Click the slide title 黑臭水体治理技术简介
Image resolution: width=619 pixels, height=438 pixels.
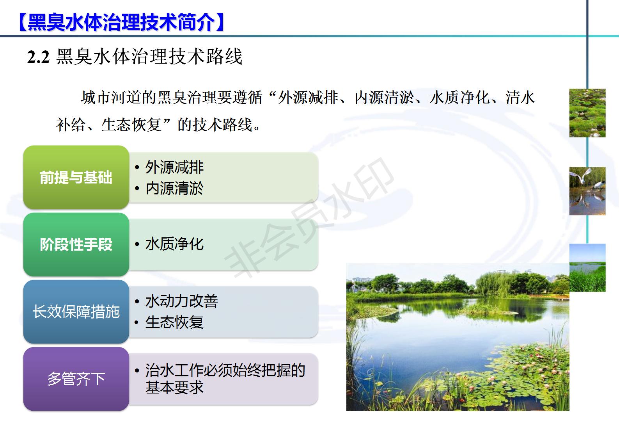tap(121, 22)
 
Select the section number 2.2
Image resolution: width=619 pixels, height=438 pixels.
tap(38, 57)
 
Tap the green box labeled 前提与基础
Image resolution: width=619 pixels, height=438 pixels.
tap(76, 177)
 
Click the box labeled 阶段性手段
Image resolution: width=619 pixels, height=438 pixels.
tap(76, 244)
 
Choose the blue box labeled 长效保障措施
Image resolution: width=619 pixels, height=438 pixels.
tap(76, 312)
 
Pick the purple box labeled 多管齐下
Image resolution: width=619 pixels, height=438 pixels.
tap(76, 379)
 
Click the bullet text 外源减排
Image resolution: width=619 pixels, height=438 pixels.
tap(174, 167)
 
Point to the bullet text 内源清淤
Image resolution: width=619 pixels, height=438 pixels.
tap(174, 188)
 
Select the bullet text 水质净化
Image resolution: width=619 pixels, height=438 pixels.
tap(174, 244)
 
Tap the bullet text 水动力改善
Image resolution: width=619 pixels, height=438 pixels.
tap(181, 301)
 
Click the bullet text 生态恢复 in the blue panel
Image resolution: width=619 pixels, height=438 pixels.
tap(174, 322)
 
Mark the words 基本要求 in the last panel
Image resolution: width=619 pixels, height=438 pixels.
tap(174, 387)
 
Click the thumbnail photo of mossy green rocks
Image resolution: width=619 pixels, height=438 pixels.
tap(587, 113)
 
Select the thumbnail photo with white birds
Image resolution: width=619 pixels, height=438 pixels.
tap(587, 191)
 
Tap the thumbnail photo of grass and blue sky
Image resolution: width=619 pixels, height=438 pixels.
tap(587, 268)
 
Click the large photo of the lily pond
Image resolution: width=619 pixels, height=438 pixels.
tap(458, 337)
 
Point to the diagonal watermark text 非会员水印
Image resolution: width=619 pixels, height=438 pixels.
tap(309, 217)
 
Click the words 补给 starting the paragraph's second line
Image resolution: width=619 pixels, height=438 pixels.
tap(71, 125)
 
